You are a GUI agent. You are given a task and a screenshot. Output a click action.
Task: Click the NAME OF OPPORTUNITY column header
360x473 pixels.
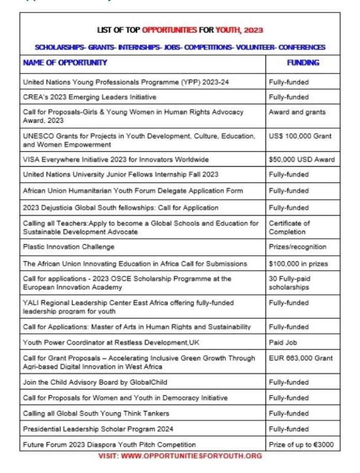click(65, 63)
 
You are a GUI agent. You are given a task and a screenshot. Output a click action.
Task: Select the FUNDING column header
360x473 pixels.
click(303, 63)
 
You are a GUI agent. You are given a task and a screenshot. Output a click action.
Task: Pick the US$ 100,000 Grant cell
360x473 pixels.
click(300, 136)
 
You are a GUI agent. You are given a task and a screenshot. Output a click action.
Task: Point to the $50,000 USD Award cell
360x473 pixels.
click(302, 159)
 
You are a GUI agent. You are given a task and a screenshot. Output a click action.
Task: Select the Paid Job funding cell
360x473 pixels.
click(283, 343)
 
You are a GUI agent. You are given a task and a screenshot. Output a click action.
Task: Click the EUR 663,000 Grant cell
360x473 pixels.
click(301, 358)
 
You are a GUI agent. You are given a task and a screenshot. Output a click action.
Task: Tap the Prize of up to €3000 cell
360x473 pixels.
click(302, 445)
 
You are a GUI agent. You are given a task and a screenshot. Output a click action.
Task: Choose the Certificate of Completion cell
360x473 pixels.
click(289, 227)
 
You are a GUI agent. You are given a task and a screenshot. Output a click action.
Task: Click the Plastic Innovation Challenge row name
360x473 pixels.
click(69, 247)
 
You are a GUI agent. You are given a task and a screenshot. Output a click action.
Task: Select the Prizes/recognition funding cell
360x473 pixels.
click(297, 247)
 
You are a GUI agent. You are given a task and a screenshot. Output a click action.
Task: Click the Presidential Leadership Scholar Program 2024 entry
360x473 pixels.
click(98, 429)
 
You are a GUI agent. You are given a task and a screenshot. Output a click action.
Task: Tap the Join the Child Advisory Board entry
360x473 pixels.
click(95, 382)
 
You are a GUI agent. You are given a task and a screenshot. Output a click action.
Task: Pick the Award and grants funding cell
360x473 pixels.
click(297, 112)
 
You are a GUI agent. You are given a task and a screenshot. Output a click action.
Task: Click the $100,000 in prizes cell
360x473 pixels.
click(298, 264)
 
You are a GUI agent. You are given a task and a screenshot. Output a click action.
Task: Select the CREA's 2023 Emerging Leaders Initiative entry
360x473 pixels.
click(89, 97)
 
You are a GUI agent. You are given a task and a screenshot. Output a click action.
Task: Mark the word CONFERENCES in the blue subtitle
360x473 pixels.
click(302, 47)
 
